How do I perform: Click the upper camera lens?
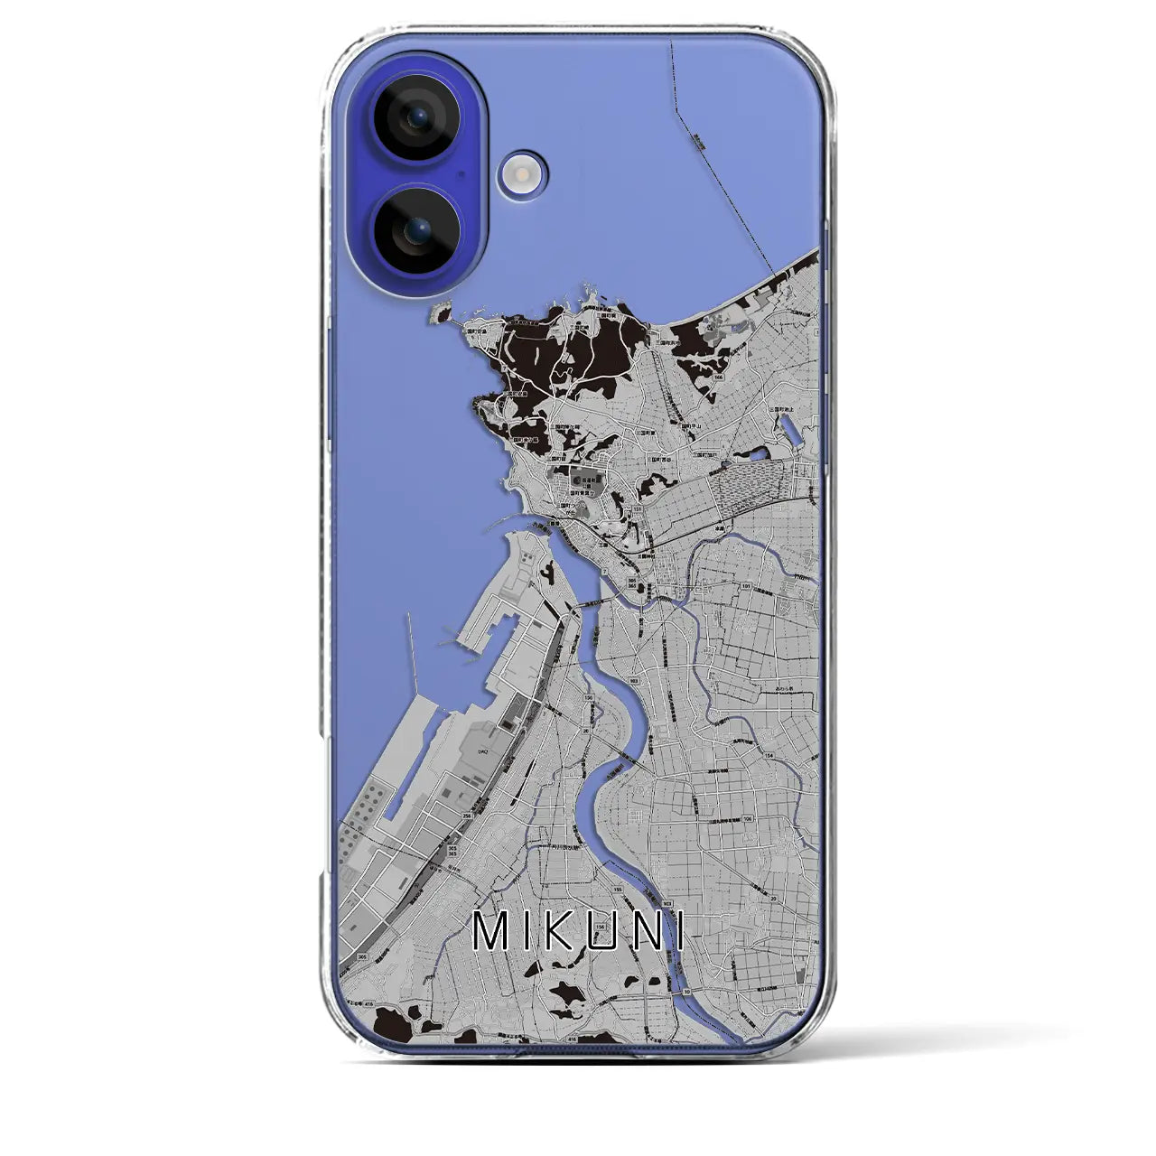click(x=416, y=117)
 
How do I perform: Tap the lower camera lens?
click(x=416, y=231)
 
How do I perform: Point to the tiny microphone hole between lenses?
click(x=461, y=173)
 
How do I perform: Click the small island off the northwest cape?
click(x=440, y=312)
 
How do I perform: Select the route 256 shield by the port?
click(x=467, y=816)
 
